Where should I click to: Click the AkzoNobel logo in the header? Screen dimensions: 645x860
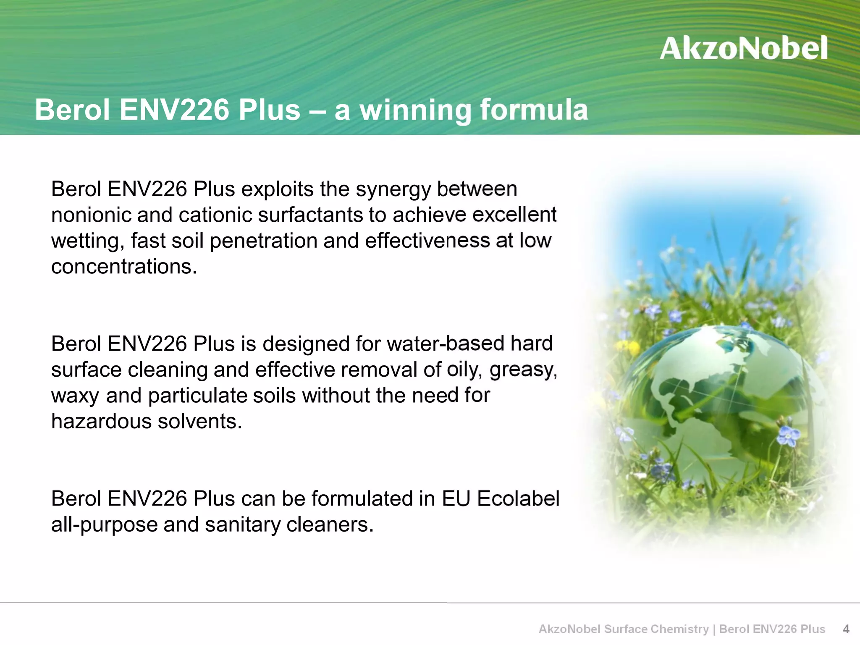743,48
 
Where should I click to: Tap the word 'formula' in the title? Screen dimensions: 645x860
534,110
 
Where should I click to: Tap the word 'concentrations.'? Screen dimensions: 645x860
124,267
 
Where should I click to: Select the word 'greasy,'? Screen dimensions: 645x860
523,370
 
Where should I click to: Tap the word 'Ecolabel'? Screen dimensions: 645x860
518,499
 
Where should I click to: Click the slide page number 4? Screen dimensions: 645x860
846,629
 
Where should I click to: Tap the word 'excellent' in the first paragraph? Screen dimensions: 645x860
514,215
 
